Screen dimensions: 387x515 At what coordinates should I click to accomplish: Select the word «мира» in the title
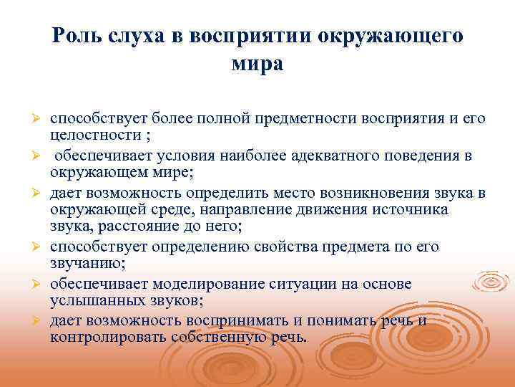coord(257,64)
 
